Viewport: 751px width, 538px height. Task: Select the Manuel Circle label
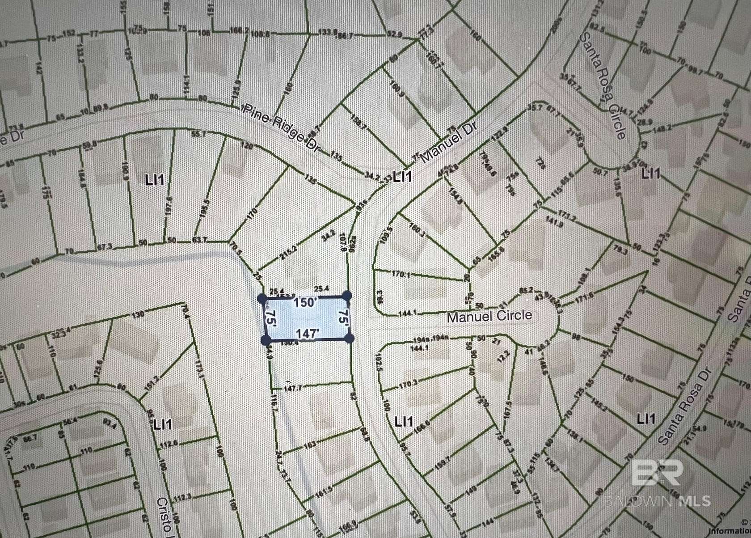pos(489,316)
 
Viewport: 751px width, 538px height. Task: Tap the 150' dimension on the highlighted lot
pos(305,302)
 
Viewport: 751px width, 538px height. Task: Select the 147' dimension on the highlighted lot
pos(308,334)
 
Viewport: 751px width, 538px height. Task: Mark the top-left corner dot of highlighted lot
pos(262,297)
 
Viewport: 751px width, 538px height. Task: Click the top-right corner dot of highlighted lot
pos(347,296)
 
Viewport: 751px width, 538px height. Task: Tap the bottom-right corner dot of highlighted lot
pos(350,338)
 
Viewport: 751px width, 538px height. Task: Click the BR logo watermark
pos(657,473)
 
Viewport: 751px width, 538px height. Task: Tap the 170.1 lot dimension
pos(401,274)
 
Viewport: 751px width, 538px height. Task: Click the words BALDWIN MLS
pos(657,500)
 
